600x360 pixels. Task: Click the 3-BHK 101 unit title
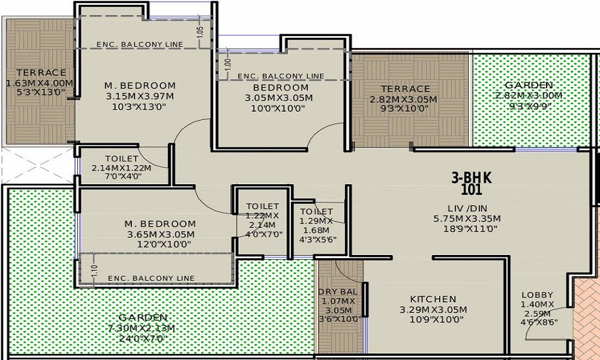pos(472,184)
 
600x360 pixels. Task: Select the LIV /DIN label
pos(467,209)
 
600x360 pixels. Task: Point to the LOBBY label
pos(537,295)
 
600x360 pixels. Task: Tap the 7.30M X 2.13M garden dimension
pos(142,328)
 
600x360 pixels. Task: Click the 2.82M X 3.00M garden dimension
pos(529,95)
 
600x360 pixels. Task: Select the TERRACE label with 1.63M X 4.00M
pos(41,73)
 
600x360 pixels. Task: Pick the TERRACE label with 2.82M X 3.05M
pos(405,89)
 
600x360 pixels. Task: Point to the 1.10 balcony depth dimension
pos(95,271)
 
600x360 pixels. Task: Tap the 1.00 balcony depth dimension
pos(227,64)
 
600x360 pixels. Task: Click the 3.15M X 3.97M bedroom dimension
pos(140,95)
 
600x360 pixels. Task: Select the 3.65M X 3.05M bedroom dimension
pos(161,234)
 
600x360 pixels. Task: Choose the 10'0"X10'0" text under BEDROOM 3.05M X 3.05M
pos(278,109)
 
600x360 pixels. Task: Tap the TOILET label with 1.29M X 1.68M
pos(316,211)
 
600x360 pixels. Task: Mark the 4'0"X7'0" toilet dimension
pos(265,234)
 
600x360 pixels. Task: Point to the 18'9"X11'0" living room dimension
pos(470,229)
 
